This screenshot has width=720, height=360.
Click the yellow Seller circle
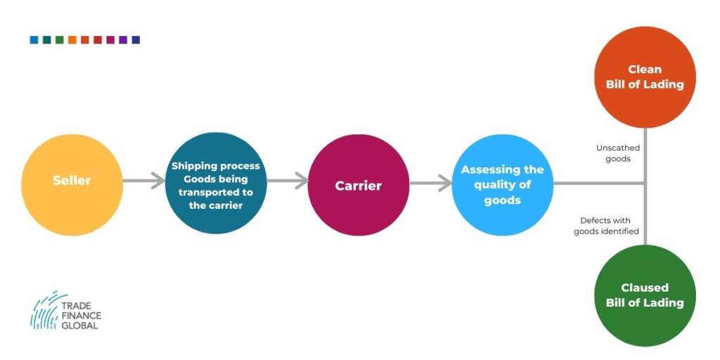[x=72, y=185]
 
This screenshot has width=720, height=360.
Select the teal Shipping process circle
[x=216, y=184]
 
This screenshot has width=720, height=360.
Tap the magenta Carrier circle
[x=359, y=185]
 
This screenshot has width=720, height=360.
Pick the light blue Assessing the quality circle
[x=503, y=185]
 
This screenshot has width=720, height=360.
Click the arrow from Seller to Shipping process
[x=143, y=181]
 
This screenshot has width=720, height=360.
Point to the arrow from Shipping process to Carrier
[x=288, y=181]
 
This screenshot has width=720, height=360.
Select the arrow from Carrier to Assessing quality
[x=431, y=184]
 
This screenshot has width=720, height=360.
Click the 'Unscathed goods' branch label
[x=617, y=153]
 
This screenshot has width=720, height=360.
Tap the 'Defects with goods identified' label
[x=606, y=226]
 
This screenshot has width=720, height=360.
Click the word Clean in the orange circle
[x=645, y=70]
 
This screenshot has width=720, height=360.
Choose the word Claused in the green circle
[x=645, y=288]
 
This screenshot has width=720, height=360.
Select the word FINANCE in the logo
[x=82, y=316]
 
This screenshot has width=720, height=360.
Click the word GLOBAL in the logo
[x=79, y=326]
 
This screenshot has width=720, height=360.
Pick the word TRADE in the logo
[x=76, y=305]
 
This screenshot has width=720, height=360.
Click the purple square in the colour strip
[x=123, y=40]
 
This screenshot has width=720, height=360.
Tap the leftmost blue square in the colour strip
[x=34, y=40]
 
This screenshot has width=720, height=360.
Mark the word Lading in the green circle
[x=665, y=303]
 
